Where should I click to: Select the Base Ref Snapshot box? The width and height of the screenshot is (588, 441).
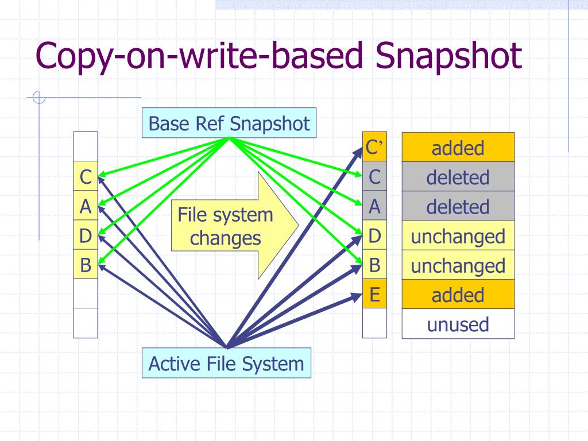229,123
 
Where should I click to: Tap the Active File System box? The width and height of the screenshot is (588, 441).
226,363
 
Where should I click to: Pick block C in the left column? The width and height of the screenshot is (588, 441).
86,177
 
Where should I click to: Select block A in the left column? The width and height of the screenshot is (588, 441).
86,207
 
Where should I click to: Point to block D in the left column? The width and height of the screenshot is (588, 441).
86,236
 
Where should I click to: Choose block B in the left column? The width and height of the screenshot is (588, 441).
86,265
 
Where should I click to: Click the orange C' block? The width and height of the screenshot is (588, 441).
374,148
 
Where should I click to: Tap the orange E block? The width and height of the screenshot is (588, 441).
374,295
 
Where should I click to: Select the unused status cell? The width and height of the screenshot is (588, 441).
458,324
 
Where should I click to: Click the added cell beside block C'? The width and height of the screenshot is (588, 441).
458,148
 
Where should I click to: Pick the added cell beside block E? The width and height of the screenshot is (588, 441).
458,295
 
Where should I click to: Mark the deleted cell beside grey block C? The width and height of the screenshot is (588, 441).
458,177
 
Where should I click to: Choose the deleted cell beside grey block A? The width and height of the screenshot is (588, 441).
458,207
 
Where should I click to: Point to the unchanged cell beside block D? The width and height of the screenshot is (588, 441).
458,236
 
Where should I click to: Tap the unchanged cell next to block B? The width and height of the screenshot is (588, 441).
458,266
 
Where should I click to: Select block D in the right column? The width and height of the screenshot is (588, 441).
374,235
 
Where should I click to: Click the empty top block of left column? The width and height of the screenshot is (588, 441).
86,146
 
